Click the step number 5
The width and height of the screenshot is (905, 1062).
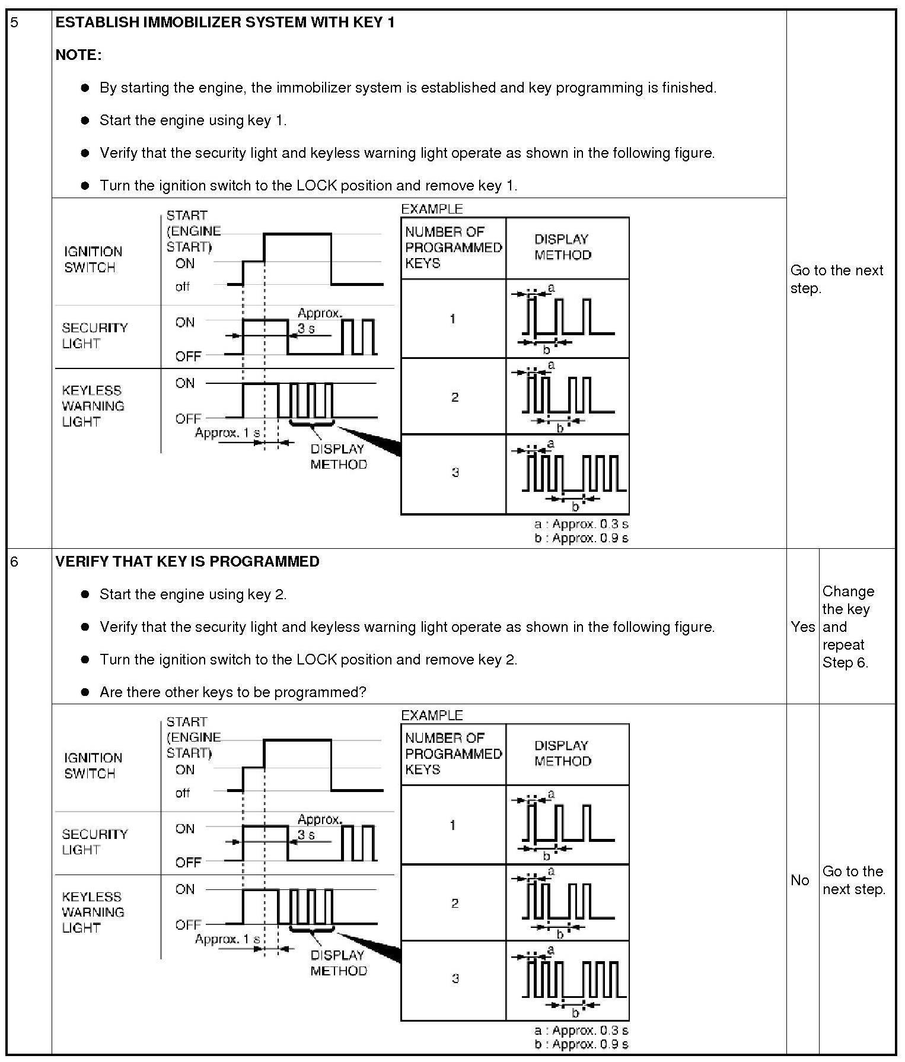[15, 23]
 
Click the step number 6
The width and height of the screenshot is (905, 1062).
[15, 562]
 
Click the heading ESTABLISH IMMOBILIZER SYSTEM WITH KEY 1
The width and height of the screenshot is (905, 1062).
[225, 23]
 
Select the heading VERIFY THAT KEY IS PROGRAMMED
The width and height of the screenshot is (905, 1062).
[187, 562]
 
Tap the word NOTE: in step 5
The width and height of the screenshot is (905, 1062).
[78, 55]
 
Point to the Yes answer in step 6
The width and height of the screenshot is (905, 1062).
[802, 627]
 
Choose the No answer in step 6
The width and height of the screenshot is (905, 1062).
[799, 880]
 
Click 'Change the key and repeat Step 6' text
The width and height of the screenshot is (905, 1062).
[848, 627]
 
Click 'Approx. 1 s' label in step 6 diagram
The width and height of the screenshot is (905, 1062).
[228, 939]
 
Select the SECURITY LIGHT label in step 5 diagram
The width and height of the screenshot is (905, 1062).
[95, 336]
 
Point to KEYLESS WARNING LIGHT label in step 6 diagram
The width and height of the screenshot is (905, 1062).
[93, 912]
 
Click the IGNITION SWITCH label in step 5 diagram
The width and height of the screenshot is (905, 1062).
[93, 259]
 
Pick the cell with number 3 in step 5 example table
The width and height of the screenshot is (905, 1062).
[454, 473]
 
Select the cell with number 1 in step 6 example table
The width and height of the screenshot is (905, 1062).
[453, 825]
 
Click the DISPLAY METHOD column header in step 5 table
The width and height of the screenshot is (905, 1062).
[562, 247]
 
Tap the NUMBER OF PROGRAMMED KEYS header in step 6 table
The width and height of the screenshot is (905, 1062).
[453, 753]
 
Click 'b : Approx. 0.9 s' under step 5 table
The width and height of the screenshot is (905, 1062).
[581, 538]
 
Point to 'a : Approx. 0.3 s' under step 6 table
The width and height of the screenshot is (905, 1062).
[581, 1031]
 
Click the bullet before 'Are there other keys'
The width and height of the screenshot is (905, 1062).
[85, 692]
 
